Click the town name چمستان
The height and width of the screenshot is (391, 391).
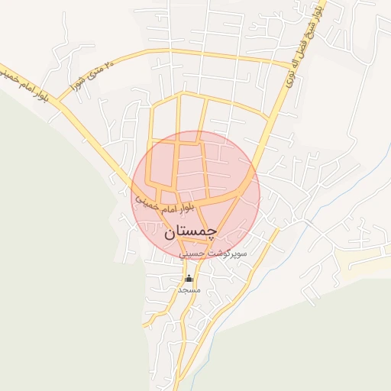(x=190, y=231)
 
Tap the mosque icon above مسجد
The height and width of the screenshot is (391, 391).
(x=189, y=278)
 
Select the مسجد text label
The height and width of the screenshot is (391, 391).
(x=189, y=290)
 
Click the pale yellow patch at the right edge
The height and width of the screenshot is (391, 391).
(x=367, y=260)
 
